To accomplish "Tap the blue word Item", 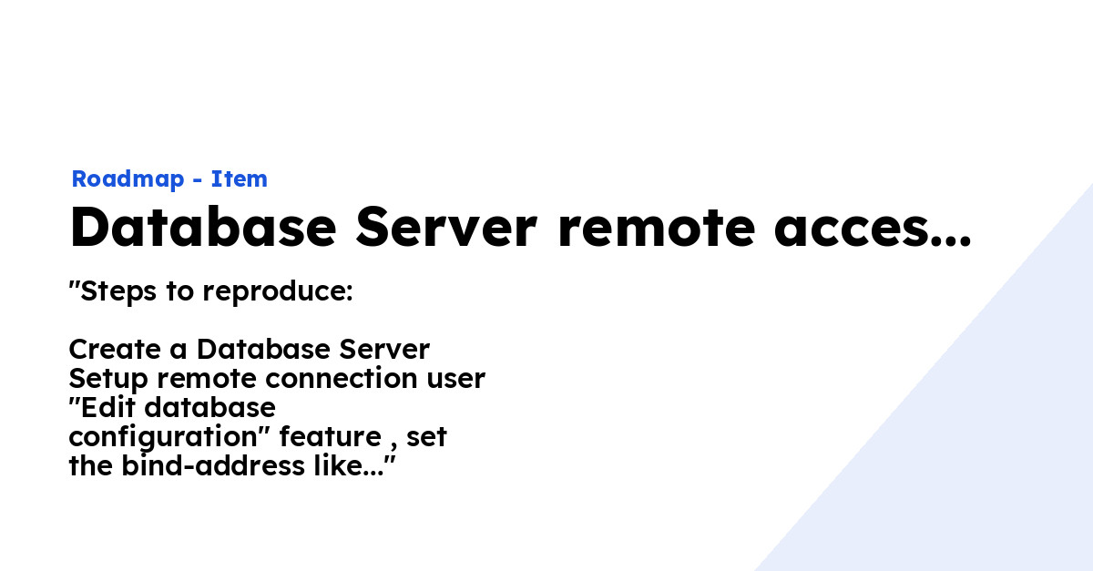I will pos(240,179).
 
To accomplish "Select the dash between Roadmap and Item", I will pos(198,180).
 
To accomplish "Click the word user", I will pos(455,378).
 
